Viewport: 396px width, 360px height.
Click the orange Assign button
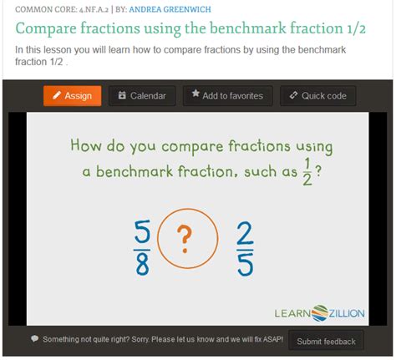coord(73,96)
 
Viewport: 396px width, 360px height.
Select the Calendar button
coord(142,96)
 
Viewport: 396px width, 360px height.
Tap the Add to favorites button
coord(227,96)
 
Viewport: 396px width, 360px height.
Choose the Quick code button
coord(318,96)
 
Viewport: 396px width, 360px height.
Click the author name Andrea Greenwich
coord(170,9)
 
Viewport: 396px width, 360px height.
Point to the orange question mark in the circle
coord(185,239)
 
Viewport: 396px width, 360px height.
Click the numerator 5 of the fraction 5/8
coord(142,231)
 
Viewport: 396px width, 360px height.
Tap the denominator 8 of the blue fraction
coord(142,264)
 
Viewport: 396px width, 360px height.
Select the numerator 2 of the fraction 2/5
coord(245,233)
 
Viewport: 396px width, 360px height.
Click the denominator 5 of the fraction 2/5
coord(246,265)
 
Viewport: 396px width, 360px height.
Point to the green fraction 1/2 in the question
coord(307,171)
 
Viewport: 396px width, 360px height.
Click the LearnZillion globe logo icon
coord(319,313)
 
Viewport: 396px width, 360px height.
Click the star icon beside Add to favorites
coord(195,94)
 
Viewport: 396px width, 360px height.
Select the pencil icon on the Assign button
coord(57,95)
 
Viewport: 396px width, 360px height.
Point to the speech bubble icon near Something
coord(35,338)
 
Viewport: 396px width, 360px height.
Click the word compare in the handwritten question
coord(192,147)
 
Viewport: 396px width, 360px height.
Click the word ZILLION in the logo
coord(347,313)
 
